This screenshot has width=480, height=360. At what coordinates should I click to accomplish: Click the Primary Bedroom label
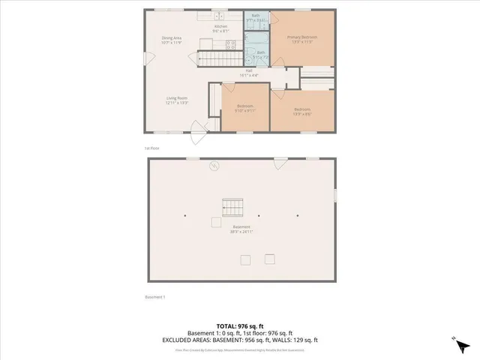[x=304, y=39]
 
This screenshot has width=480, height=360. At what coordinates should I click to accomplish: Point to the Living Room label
[x=177, y=100]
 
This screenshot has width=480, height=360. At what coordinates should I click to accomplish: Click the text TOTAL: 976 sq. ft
[x=239, y=326]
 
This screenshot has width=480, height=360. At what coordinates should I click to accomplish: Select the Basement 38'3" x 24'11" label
[x=241, y=229]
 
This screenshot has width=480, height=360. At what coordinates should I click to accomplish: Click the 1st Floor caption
[x=152, y=148]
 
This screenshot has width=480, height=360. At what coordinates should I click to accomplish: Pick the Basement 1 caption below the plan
[x=154, y=297]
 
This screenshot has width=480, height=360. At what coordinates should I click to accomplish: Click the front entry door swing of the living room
[x=198, y=138]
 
